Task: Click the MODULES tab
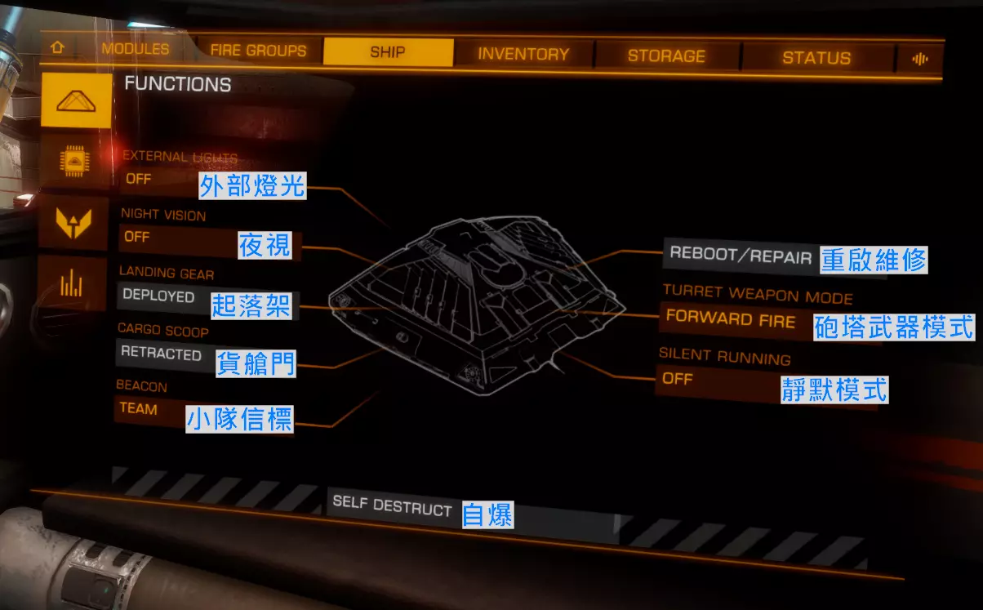coord(135,49)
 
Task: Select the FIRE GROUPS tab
coord(258,51)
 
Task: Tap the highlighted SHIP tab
coord(388,52)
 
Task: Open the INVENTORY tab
coord(523,55)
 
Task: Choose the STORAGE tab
coord(666,56)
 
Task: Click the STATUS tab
coord(816,58)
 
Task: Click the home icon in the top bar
coord(57,47)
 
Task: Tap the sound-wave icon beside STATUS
coord(920,59)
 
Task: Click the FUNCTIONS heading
coord(177,84)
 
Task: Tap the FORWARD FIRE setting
coord(730,318)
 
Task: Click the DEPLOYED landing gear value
coord(158,296)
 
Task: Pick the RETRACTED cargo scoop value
coord(161,354)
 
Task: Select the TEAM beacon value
coord(138,408)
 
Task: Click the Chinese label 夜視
coord(265,244)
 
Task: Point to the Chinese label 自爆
coord(487,514)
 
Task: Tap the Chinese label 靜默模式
coord(834,389)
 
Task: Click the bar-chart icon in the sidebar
coord(71,283)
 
